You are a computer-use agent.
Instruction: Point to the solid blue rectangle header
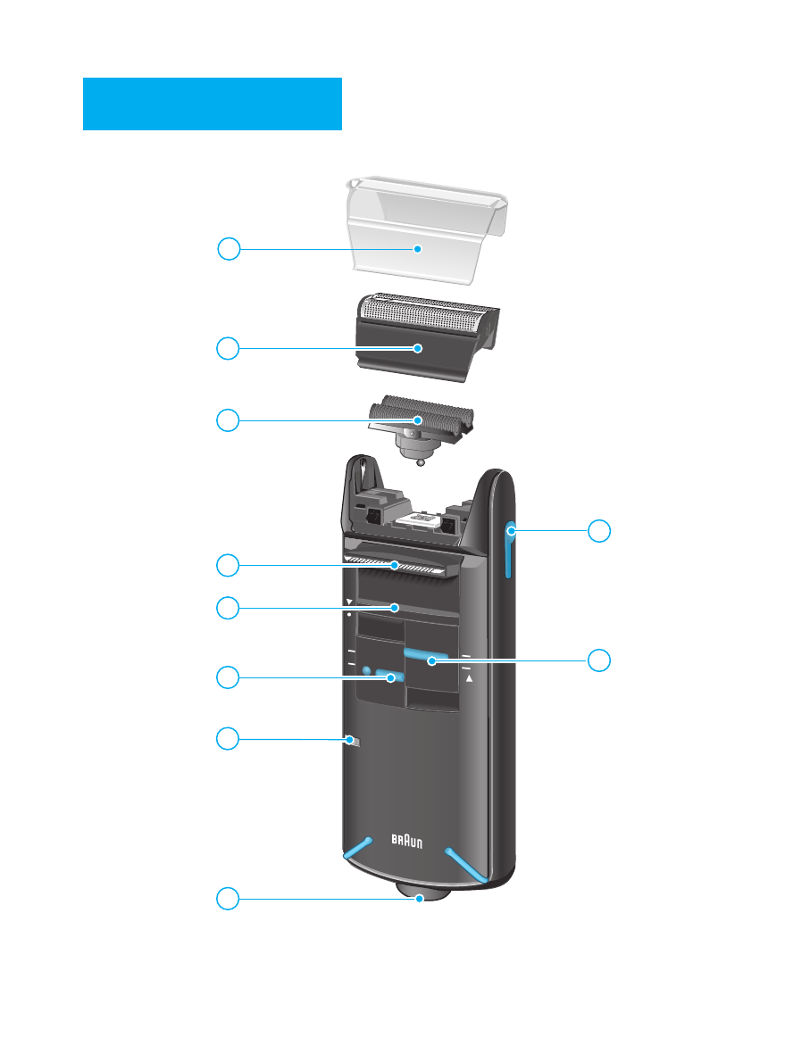pyautogui.click(x=213, y=104)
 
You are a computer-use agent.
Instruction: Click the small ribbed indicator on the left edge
pyautogui.click(x=351, y=739)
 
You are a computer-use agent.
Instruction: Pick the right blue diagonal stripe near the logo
pyautogui.click(x=466, y=863)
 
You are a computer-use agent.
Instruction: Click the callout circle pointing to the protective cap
pyautogui.click(x=229, y=249)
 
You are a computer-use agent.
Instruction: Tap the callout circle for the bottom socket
pyautogui.click(x=229, y=899)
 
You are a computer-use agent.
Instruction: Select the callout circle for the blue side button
pyautogui.click(x=600, y=530)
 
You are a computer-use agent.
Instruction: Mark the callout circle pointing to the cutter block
pyautogui.click(x=229, y=419)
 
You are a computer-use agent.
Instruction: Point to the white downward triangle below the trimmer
pyautogui.click(x=349, y=602)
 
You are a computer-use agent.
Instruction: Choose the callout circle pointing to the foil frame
pyautogui.click(x=229, y=348)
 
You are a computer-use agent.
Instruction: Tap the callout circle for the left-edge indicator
pyautogui.click(x=229, y=738)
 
